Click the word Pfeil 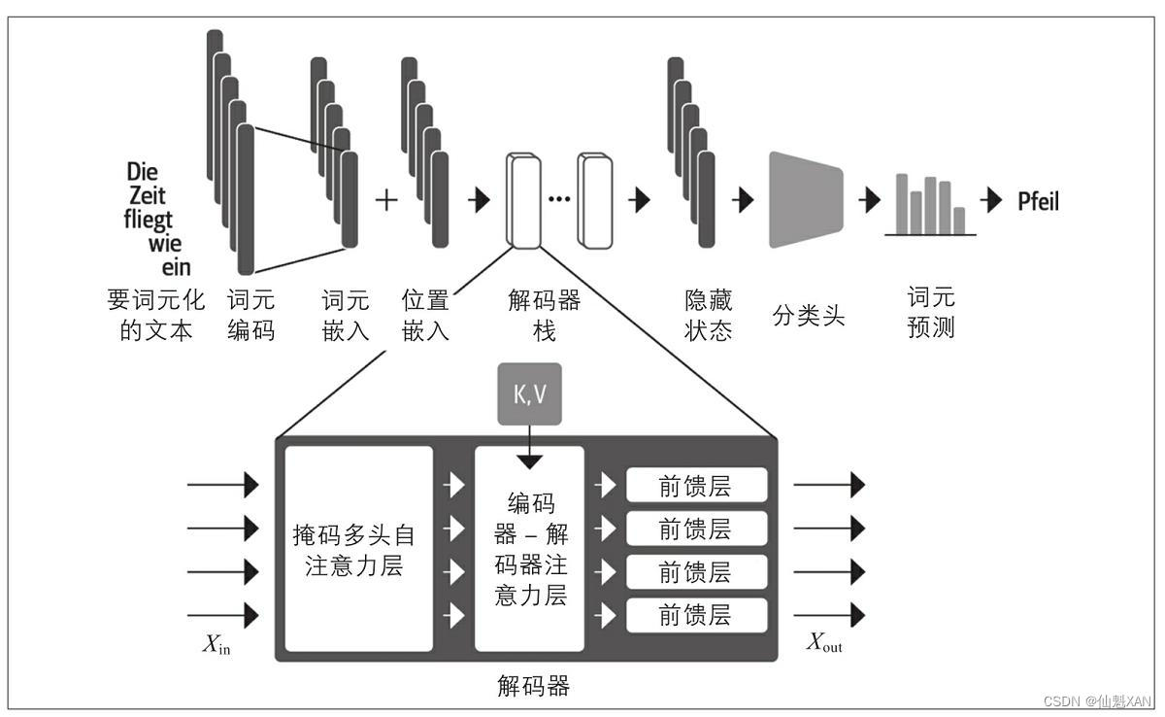point(1037,202)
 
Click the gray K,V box point(529,394)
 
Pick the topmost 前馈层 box point(696,486)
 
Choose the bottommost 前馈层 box point(696,615)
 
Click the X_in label point(217,644)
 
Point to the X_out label point(824,644)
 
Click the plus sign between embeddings point(386,200)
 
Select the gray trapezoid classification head point(807,200)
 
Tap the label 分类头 point(809,316)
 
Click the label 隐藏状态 point(708,316)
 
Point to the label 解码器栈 point(544,316)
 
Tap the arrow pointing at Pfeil point(991,201)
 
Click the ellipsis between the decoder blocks point(559,200)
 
